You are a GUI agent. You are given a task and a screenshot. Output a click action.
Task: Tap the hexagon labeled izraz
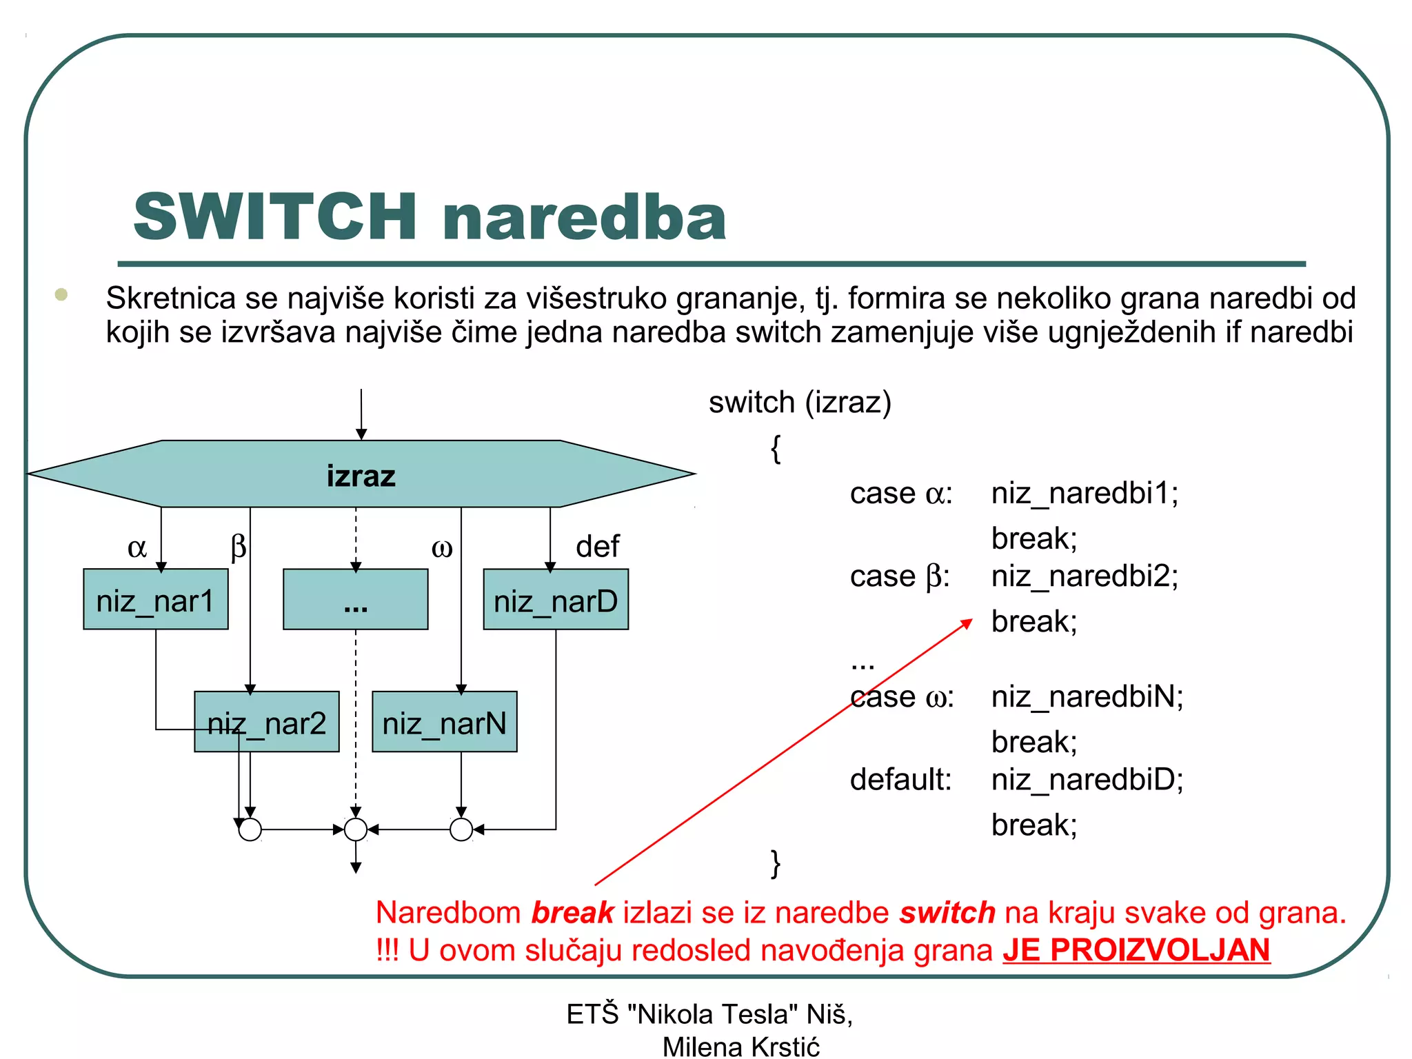[361, 475]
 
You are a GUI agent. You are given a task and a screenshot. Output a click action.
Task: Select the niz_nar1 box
[156, 600]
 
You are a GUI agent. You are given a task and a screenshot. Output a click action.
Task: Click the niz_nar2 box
[267, 723]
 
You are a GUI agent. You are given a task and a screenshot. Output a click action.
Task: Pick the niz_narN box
[445, 723]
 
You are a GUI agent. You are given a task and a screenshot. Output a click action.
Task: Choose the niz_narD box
[556, 600]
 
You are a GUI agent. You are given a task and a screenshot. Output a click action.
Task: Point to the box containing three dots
[356, 600]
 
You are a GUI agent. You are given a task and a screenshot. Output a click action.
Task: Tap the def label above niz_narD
[597, 547]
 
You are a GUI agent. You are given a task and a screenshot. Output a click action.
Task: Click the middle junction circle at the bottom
[356, 829]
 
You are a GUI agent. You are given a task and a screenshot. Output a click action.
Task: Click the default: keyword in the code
[900, 780]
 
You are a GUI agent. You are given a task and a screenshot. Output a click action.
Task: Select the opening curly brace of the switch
[776, 449]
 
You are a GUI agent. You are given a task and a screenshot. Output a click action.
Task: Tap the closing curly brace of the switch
[776, 863]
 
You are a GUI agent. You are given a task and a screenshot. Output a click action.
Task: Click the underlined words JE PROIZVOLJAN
[1136, 950]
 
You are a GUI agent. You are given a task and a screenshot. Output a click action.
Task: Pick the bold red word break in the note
[572, 913]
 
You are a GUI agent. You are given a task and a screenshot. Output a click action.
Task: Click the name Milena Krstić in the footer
[741, 1047]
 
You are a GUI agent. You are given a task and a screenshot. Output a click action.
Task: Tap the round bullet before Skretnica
[61, 295]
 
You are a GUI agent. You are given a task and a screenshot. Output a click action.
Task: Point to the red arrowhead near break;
[967, 623]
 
